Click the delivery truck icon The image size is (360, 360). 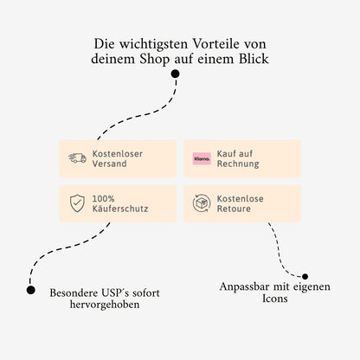point(78,158)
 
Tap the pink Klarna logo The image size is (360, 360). point(202,158)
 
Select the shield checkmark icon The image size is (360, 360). point(78,204)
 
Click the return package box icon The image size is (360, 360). point(202,204)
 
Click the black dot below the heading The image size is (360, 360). point(176,74)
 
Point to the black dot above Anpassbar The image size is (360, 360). point(305,277)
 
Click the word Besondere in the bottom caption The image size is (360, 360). point(74,293)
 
